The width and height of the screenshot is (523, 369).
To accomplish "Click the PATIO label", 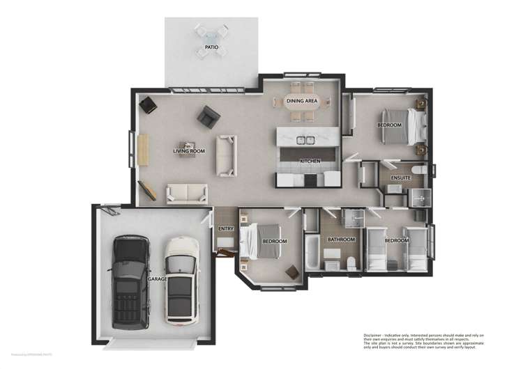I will [x=211, y=47].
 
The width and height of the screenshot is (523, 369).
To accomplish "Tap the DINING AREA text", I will [x=302, y=101].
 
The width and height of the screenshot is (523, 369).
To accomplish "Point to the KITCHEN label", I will [x=310, y=161].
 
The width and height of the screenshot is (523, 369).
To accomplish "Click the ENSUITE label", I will [x=400, y=178].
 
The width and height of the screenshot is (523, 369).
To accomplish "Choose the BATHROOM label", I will [x=342, y=240].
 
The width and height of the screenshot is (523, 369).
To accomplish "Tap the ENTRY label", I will [x=225, y=228].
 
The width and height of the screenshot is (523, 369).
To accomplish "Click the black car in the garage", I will [x=131, y=281].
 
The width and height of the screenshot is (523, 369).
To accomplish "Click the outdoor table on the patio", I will [x=211, y=35].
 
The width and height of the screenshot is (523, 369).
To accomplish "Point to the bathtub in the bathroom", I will [x=312, y=253].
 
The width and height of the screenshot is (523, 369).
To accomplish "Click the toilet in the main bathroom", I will [x=351, y=262].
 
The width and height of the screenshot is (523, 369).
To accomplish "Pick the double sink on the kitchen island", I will [x=304, y=139].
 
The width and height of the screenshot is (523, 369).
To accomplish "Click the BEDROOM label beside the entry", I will [x=274, y=241].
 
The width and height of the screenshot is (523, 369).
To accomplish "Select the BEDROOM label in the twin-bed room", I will [x=396, y=240].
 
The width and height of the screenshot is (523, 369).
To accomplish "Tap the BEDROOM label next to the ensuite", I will [x=389, y=125].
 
